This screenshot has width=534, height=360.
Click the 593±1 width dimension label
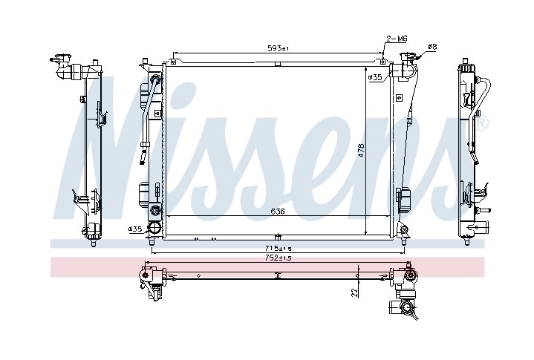click(x=278, y=48)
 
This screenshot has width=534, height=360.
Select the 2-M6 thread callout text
click(x=397, y=39)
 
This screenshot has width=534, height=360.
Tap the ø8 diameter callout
click(x=432, y=47)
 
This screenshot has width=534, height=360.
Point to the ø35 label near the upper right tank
click(x=375, y=77)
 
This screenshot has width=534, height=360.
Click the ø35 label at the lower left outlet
click(x=135, y=229)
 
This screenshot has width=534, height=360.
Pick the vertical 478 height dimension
click(x=361, y=151)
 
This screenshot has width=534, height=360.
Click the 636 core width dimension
click(x=278, y=212)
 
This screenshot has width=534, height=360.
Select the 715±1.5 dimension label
click(x=278, y=248)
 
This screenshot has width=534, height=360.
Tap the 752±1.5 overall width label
click(x=278, y=258)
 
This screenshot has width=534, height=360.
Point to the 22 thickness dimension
click(x=355, y=292)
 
